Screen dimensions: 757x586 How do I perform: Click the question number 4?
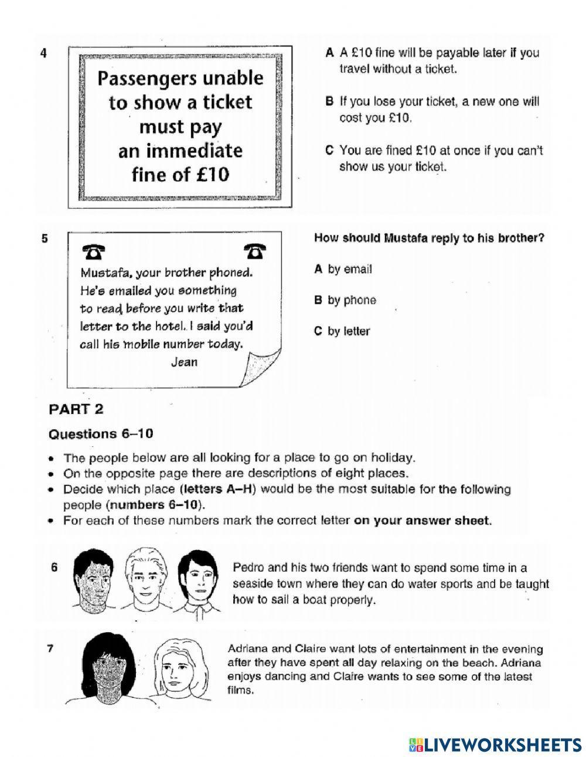point(43,53)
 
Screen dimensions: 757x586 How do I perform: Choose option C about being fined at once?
point(434,158)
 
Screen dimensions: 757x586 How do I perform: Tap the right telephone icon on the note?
point(253,251)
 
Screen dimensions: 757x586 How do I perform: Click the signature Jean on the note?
point(184,362)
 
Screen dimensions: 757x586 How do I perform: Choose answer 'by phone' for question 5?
point(346,300)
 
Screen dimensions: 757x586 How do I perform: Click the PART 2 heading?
point(76,409)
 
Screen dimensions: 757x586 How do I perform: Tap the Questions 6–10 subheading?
point(100,434)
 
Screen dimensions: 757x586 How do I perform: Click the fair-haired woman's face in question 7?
point(175,664)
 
